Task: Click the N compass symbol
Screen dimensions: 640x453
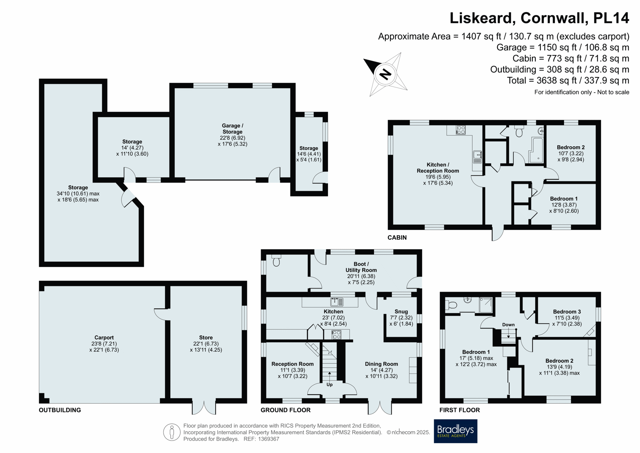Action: [385, 74]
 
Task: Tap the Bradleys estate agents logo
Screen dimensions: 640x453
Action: [455, 431]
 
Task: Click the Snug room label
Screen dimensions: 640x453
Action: [401, 311]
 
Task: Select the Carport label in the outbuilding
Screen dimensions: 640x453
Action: [104, 338]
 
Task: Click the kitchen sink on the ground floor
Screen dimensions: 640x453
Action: [337, 302]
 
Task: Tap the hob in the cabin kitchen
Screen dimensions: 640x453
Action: [461, 130]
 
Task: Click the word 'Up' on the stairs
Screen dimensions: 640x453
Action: [329, 384]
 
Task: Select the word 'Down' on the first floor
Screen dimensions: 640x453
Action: [508, 325]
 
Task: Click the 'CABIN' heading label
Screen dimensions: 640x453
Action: [397, 238]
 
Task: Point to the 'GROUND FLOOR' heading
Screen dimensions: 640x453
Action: [285, 410]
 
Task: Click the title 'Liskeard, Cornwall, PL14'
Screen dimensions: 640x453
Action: [539, 18]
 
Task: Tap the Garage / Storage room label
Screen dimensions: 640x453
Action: [233, 129]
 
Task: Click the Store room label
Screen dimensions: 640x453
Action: [206, 338]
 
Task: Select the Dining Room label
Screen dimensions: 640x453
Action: [381, 364]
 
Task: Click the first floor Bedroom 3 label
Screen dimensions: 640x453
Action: [567, 312]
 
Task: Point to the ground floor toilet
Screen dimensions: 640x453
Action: [276, 261]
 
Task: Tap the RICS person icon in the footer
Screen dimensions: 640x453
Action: [172, 432]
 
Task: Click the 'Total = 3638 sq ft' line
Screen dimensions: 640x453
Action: [568, 80]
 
